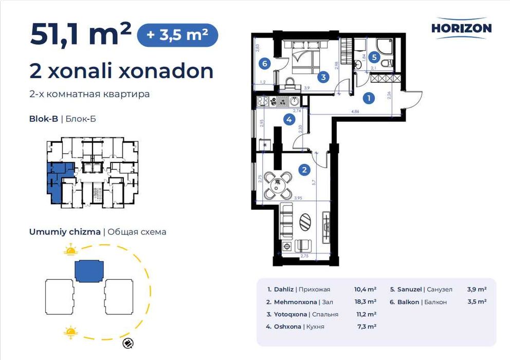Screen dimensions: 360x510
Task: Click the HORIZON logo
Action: pyautogui.click(x=461, y=28)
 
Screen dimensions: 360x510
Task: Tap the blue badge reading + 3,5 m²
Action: pyautogui.click(x=177, y=35)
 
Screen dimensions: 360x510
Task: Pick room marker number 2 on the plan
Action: pyautogui.click(x=305, y=169)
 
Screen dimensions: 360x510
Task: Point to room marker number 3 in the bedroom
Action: pyautogui.click(x=322, y=78)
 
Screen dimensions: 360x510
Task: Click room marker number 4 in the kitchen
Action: pyautogui.click(x=290, y=120)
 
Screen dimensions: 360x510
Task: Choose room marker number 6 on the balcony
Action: pyautogui.click(x=264, y=64)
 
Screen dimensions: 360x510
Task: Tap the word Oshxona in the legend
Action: pyautogui.click(x=287, y=326)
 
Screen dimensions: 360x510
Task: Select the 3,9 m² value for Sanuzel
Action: pyautogui.click(x=477, y=290)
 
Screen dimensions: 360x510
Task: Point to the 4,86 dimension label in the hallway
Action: pyautogui.click(x=355, y=111)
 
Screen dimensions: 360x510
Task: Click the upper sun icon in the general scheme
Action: pyautogui.click(x=70, y=250)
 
